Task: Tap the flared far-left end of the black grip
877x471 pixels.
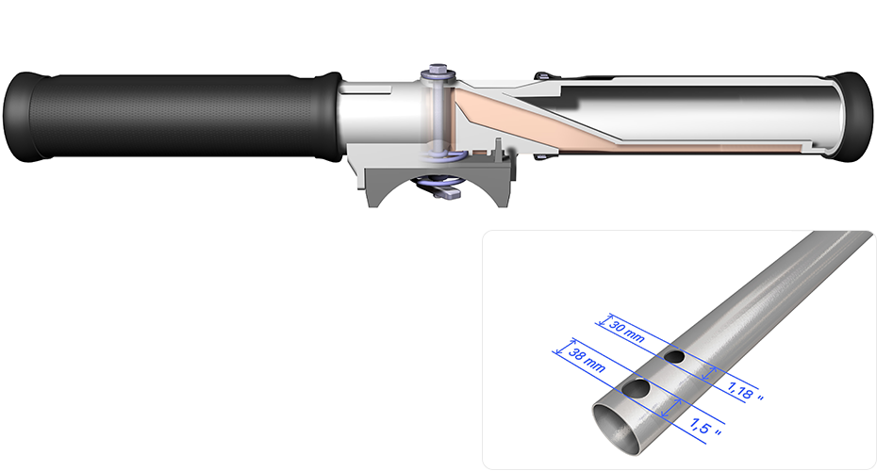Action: click(x=16, y=117)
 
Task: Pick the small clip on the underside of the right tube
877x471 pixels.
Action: click(x=539, y=156)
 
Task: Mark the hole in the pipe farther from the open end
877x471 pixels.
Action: click(x=674, y=357)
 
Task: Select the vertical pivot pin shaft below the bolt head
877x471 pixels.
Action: click(x=435, y=113)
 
